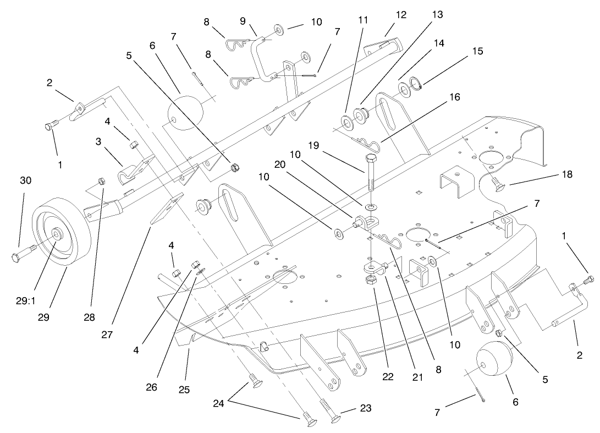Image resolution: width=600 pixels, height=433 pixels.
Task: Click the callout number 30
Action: point(26,180)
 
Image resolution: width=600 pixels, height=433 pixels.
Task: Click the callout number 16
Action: point(454,97)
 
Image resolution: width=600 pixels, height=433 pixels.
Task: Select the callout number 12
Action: point(401,15)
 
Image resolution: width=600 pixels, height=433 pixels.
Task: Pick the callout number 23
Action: point(366,408)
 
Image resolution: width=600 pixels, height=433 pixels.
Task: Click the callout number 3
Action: point(98,141)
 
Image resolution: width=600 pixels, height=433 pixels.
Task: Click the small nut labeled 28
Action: point(101,181)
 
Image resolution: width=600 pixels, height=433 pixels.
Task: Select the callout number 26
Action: point(151,387)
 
